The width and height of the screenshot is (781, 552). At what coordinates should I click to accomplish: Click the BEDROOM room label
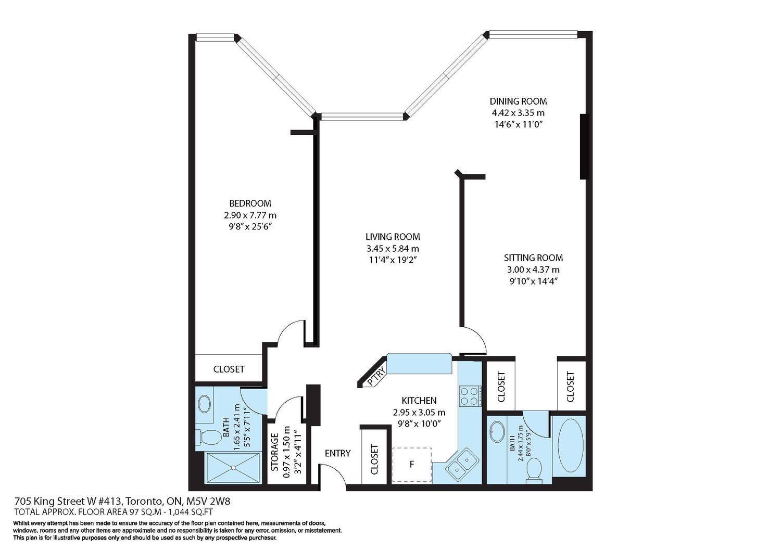click(250, 203)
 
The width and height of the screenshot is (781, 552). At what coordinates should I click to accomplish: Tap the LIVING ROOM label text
click(393, 237)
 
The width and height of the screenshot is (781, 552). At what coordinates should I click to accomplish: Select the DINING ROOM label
click(518, 101)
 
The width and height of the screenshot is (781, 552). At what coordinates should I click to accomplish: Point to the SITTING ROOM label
click(534, 258)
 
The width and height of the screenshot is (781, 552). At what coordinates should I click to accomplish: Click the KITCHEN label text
click(419, 401)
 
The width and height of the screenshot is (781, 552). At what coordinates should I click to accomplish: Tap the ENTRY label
click(337, 453)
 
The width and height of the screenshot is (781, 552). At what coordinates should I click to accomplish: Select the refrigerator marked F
click(412, 465)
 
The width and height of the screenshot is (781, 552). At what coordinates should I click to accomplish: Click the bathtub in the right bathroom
click(571, 445)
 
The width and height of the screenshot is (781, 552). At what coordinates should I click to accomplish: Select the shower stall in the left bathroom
click(233, 468)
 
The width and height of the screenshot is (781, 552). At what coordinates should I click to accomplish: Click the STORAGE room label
click(275, 452)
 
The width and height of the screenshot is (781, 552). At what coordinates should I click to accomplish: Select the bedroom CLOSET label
click(229, 369)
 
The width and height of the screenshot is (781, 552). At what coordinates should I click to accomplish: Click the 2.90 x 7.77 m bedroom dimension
click(250, 215)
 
